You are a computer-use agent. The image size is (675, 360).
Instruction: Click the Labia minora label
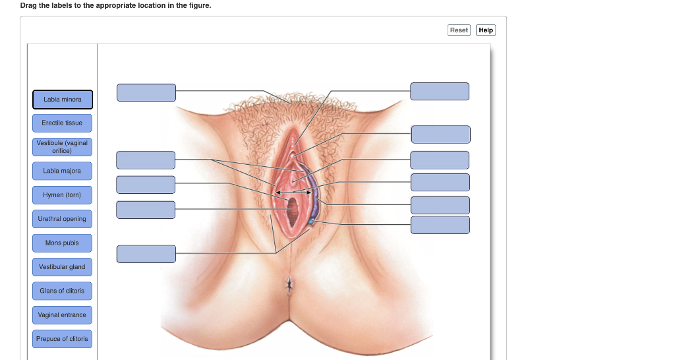63,100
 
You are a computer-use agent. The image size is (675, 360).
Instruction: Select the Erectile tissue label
62,123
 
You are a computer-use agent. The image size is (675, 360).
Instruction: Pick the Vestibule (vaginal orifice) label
62,147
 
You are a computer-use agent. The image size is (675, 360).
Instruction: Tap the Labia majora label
62,171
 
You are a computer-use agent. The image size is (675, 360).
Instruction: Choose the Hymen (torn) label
62,195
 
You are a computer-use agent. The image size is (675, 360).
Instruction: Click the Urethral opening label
62,219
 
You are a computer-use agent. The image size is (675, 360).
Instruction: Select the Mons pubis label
62,243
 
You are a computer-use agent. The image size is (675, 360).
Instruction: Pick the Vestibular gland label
62,267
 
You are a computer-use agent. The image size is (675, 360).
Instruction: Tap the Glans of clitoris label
62,291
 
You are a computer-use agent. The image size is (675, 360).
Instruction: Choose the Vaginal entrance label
62,315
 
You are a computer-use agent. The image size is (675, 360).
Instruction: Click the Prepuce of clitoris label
62,339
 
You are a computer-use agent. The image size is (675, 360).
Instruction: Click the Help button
486,30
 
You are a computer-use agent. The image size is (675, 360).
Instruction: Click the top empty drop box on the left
146,92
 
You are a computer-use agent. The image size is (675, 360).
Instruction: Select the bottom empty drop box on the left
146,254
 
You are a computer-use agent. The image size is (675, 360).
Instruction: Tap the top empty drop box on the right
440,92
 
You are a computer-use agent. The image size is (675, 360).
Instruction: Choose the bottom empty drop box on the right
440,225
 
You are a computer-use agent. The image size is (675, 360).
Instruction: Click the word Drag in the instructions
29,5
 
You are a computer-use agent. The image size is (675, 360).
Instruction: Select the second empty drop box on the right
441,135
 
